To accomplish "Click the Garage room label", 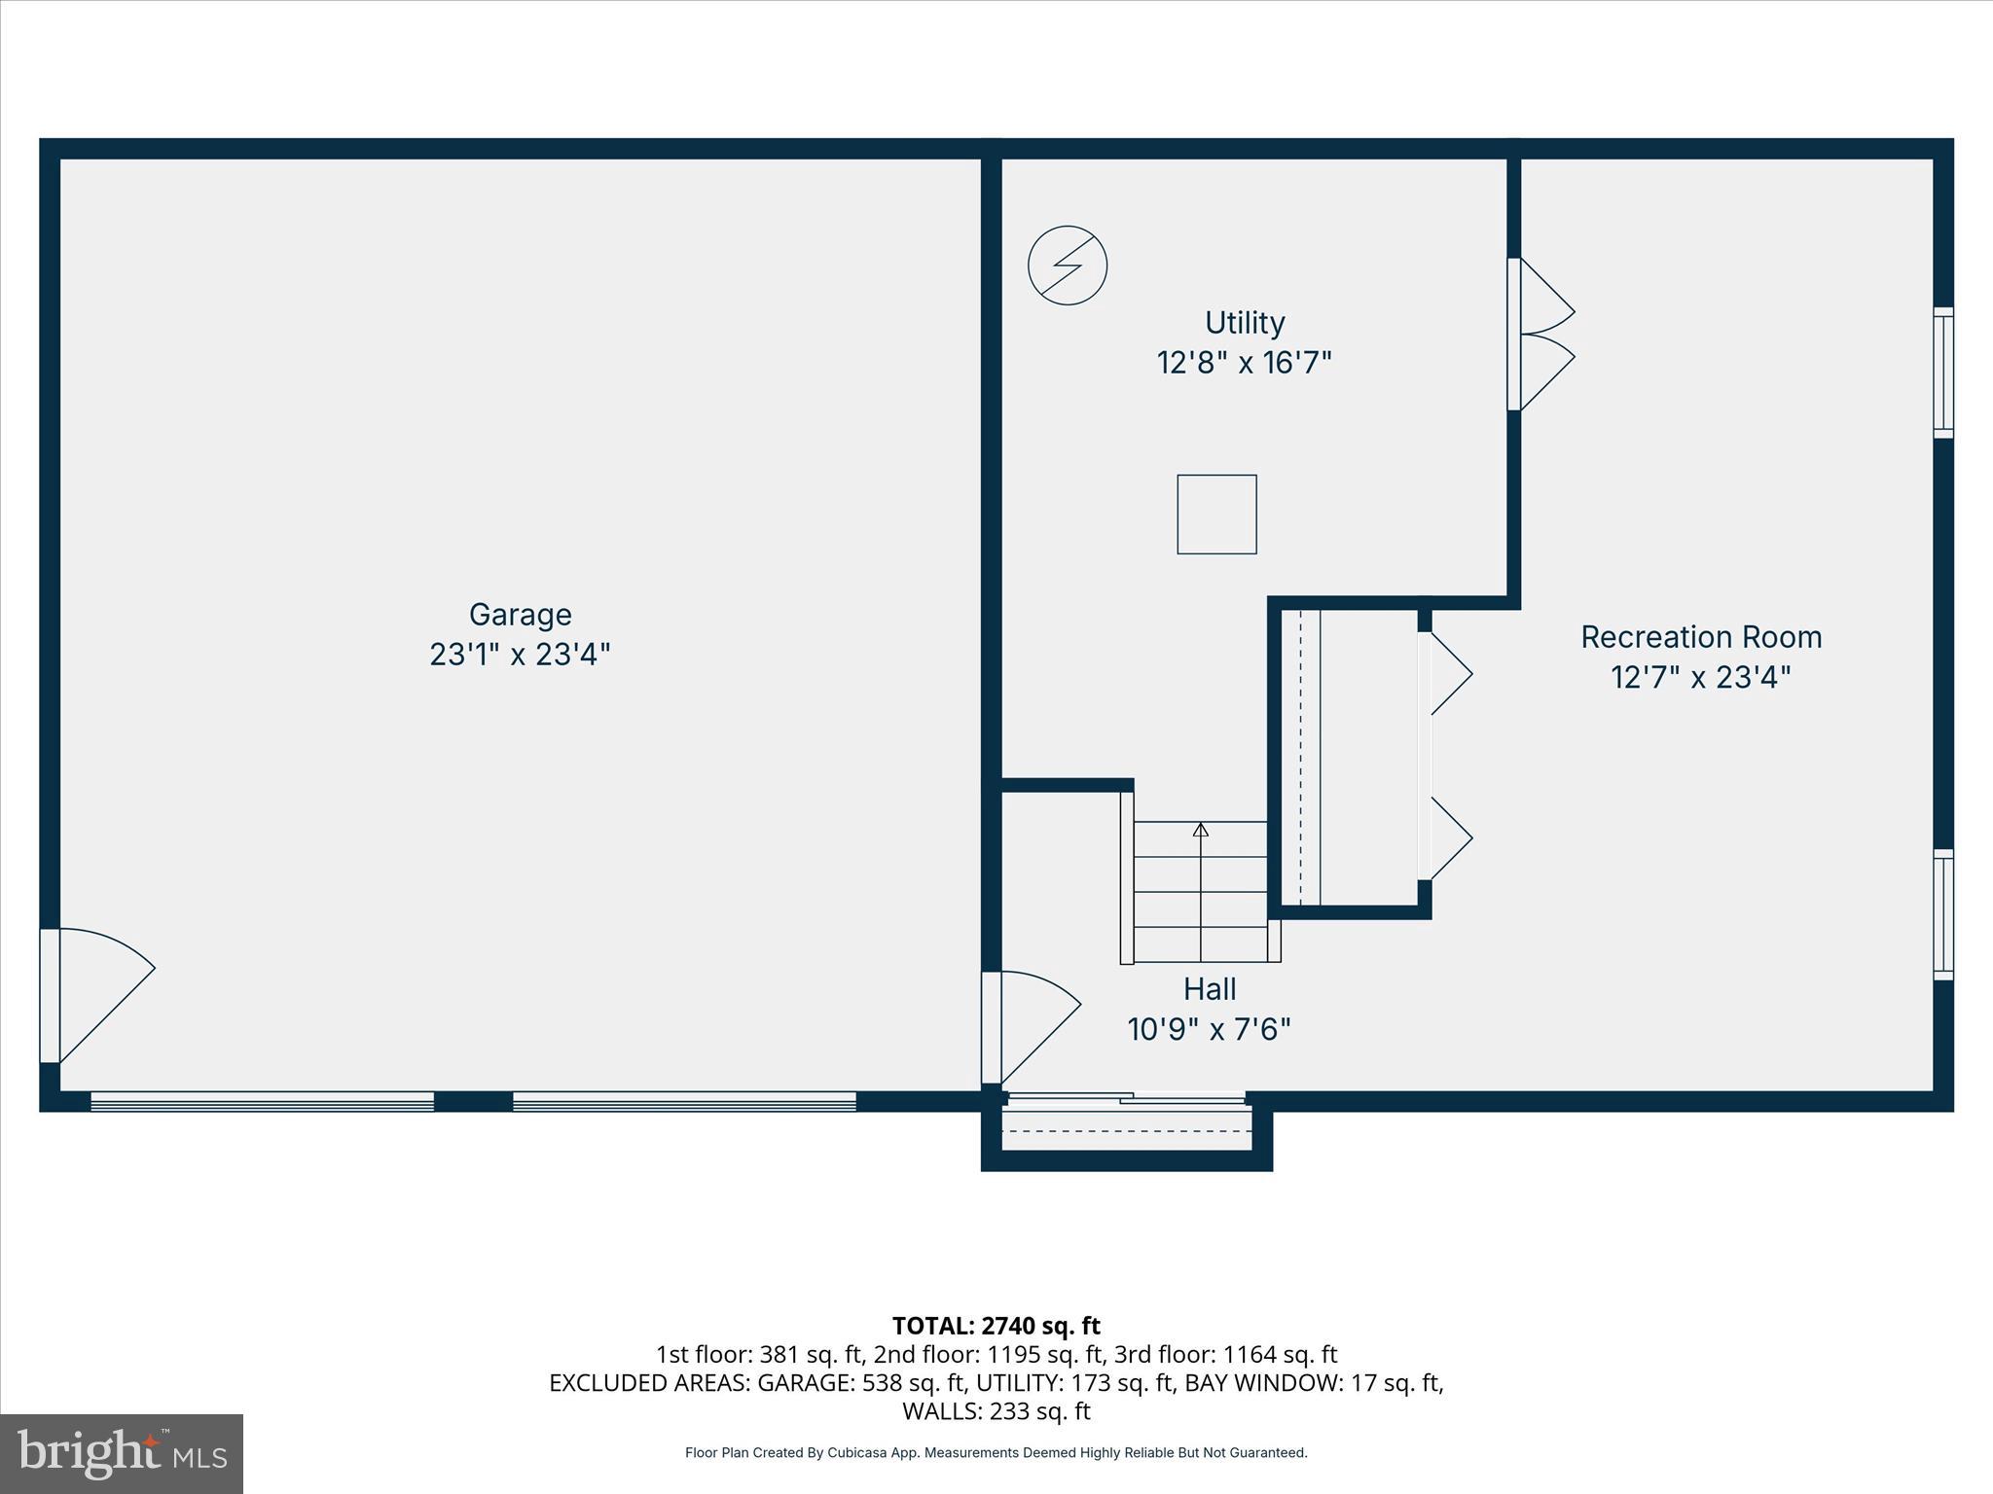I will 520,615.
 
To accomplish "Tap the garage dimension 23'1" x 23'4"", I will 520,655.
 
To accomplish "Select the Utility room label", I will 1244,323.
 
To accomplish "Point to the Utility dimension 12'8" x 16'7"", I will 1244,363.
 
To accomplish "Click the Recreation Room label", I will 1700,637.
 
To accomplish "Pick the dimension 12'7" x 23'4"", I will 1700,677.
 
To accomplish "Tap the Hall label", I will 1209,989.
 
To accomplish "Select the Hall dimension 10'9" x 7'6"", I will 1209,1029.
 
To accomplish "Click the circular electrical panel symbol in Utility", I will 1068,266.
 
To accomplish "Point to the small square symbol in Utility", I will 1216,515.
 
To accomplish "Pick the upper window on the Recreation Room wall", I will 1942,373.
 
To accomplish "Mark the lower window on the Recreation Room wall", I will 1942,914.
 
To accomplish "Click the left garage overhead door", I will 262,1101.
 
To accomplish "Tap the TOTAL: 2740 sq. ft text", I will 996,1326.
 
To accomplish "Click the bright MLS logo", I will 122,1453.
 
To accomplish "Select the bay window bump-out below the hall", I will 1126,1134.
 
